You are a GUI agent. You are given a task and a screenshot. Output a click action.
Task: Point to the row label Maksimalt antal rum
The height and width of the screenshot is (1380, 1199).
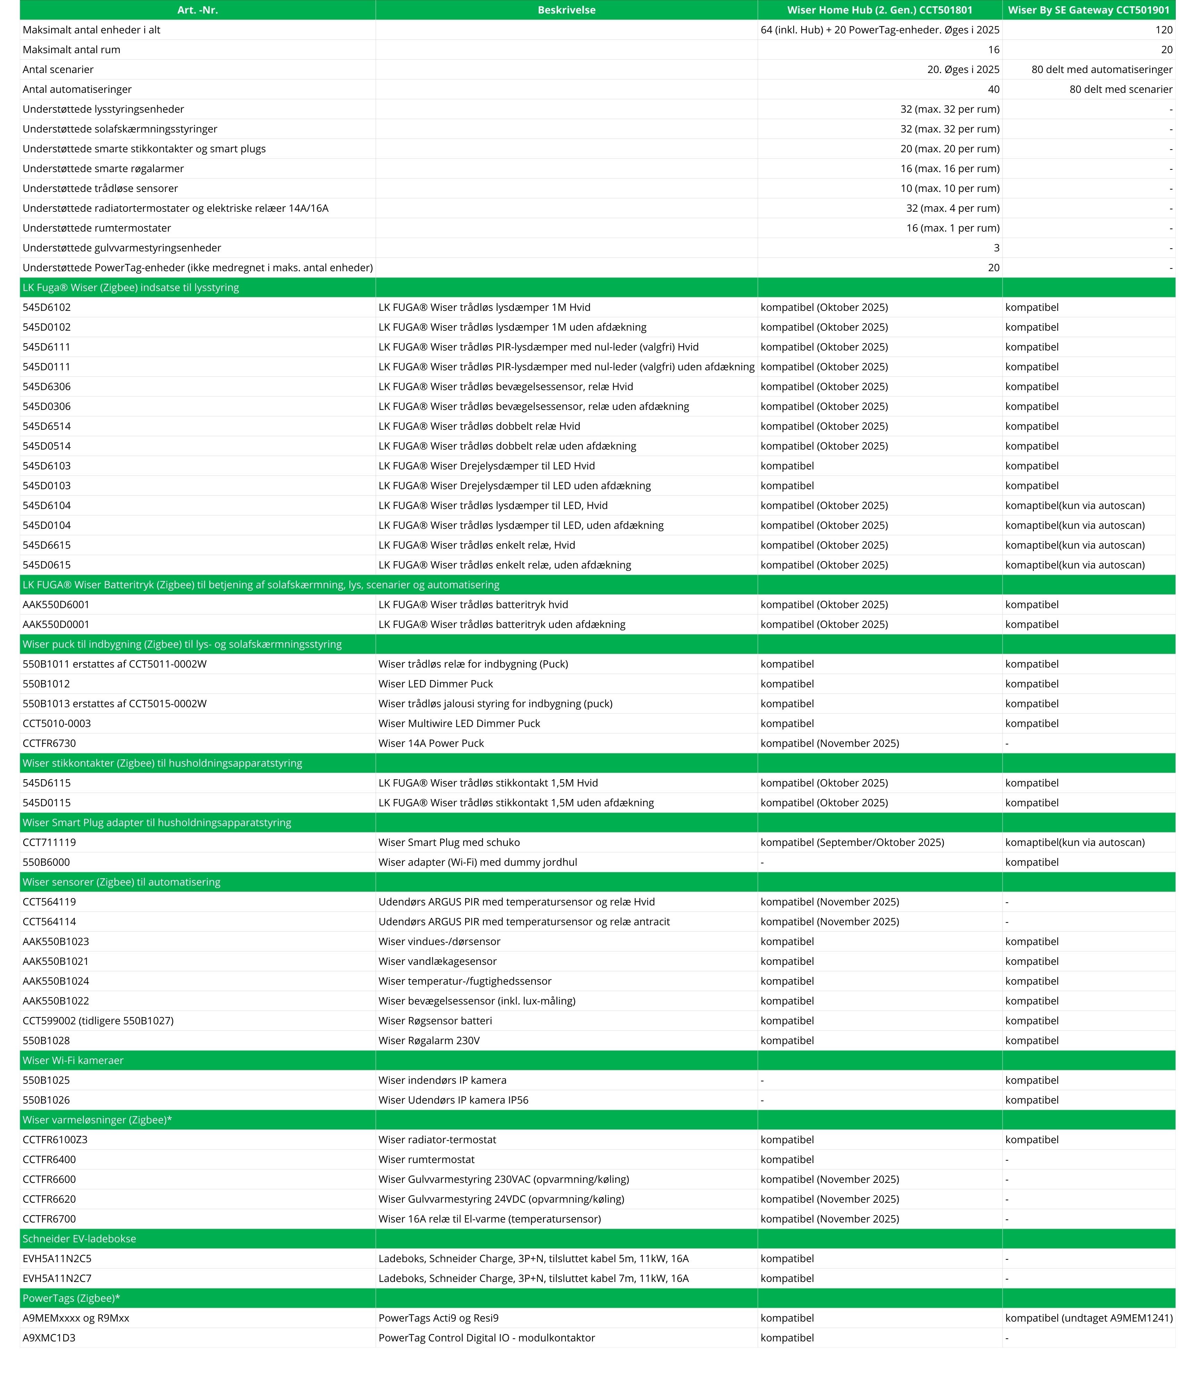coord(72,49)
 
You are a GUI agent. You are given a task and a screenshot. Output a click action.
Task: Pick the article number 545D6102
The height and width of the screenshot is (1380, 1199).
coord(47,307)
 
